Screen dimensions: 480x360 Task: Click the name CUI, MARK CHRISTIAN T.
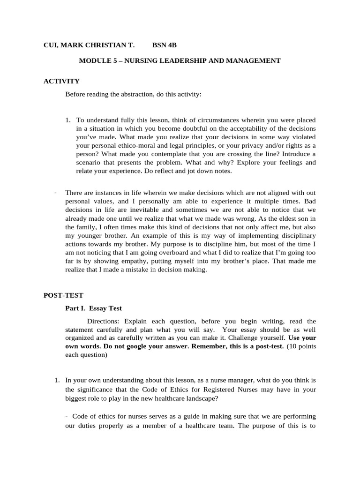(x=89, y=45)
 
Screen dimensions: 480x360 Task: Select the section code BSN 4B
(x=165, y=45)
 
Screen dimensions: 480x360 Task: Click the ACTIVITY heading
(x=61, y=81)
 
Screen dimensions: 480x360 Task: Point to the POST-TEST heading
(x=63, y=295)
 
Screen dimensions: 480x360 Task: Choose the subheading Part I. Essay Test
(x=93, y=308)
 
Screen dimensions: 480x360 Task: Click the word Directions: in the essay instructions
(x=104, y=321)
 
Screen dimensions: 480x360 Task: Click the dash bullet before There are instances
(x=55, y=192)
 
